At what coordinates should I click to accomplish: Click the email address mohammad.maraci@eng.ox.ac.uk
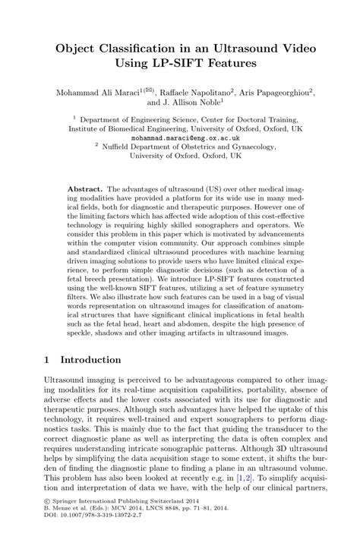(180, 140)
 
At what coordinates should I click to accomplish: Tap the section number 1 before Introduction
(48, 358)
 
